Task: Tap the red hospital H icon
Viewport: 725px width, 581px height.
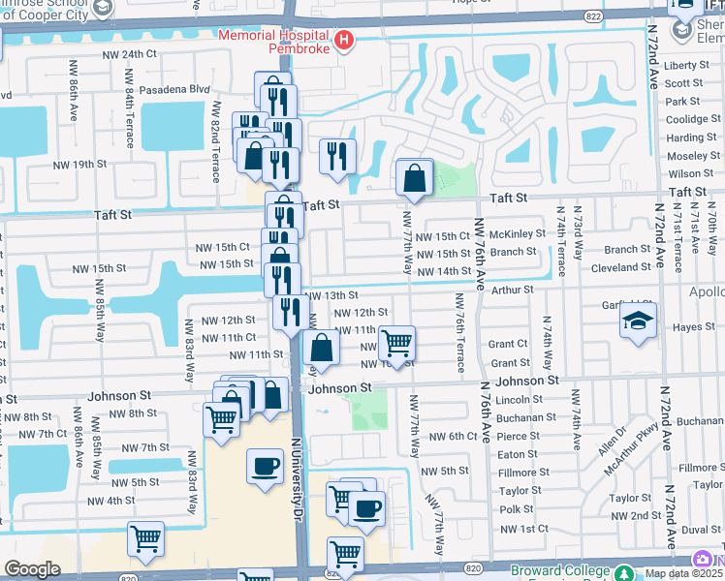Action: [344, 41]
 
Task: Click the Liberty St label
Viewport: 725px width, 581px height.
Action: [687, 65]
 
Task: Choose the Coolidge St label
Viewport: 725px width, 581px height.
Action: [693, 119]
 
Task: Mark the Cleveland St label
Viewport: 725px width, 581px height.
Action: [621, 266]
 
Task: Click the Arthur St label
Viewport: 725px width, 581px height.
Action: [513, 290]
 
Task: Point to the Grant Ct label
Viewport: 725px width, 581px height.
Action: [508, 344]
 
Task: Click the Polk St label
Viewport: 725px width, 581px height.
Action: [517, 508]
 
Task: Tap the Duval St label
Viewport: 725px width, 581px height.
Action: [702, 530]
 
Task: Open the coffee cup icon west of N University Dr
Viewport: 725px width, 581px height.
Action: [265, 469]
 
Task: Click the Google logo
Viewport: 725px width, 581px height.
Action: [32, 569]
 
